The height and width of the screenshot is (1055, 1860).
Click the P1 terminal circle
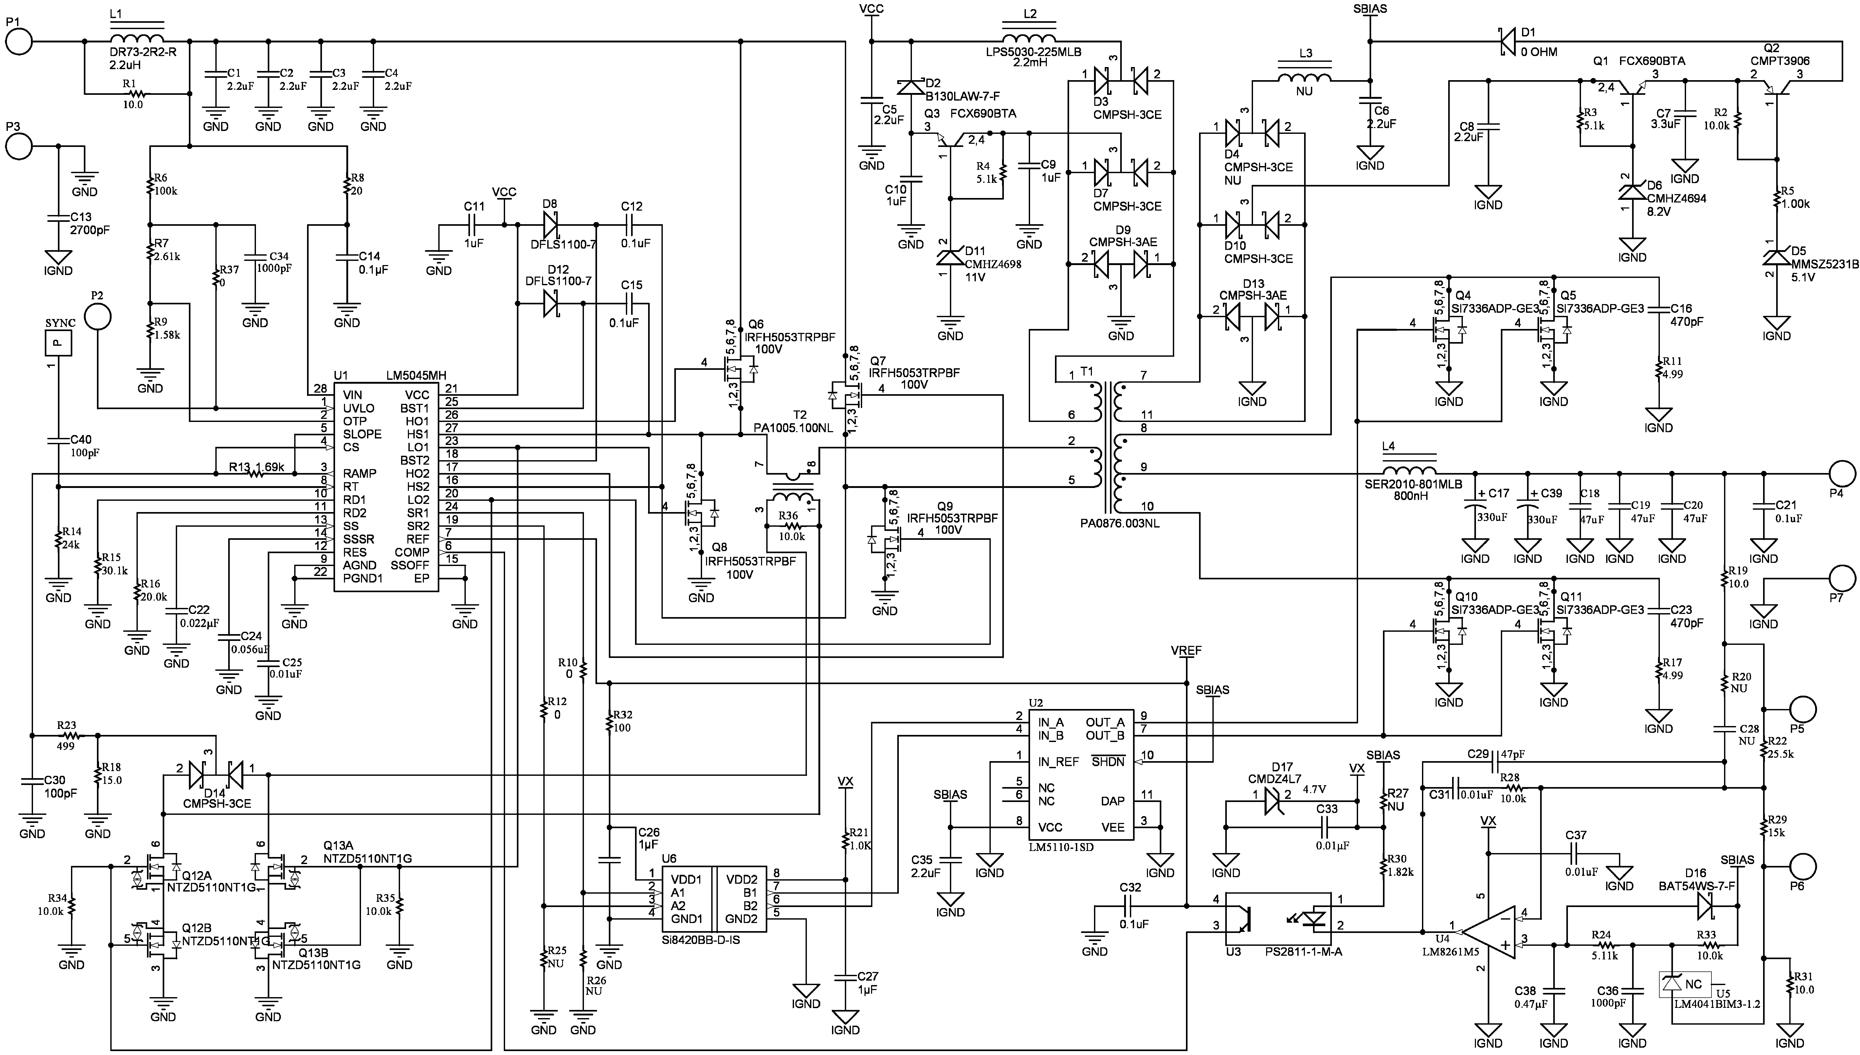pos(19,41)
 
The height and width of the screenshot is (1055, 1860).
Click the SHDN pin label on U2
pos(1108,762)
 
